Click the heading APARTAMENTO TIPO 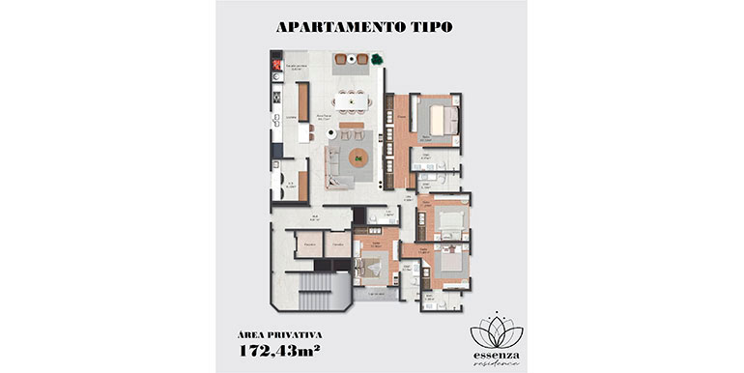tap(371, 27)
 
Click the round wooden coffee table tap(359, 158)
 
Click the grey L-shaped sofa tap(334, 166)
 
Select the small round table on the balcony tap(353, 61)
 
